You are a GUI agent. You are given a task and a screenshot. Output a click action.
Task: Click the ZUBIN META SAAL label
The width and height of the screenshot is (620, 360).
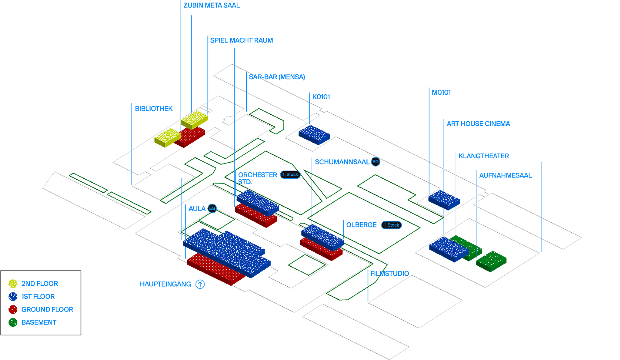tap(212, 5)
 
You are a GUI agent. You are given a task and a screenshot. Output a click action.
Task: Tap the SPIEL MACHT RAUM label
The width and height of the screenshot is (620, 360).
tap(242, 40)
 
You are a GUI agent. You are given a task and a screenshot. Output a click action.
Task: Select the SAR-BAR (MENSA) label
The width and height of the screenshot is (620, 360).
tap(277, 77)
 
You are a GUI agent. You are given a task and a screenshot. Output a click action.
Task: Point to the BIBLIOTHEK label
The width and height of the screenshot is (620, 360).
tap(154, 109)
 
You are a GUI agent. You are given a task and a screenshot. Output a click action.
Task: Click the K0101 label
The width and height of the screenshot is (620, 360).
tap(321, 97)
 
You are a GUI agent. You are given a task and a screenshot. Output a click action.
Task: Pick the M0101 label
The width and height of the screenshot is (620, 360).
tap(441, 92)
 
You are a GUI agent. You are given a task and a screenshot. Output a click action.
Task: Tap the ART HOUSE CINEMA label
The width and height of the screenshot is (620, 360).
tap(478, 124)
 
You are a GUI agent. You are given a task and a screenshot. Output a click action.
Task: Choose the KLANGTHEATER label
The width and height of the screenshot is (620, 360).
tap(483, 156)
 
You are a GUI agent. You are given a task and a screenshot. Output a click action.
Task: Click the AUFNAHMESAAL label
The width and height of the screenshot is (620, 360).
tap(505, 175)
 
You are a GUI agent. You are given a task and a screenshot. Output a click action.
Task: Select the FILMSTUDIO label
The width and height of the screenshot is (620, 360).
tap(389, 273)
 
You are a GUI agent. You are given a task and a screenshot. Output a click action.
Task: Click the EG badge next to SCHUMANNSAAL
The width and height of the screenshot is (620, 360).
tap(376, 162)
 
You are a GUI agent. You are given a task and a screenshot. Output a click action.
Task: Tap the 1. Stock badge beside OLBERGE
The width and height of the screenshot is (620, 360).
tap(391, 225)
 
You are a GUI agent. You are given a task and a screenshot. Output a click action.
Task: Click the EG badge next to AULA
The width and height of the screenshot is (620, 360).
tap(212, 208)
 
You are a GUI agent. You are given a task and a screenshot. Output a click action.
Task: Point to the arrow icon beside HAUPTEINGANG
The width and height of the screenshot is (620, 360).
tap(200, 284)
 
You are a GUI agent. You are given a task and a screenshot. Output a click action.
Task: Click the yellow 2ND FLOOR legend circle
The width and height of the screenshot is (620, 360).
tap(13, 283)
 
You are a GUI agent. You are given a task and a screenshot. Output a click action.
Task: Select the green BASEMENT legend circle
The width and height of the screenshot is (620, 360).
tap(13, 322)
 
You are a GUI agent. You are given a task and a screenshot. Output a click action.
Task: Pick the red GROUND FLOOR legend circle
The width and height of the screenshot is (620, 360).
tap(13, 309)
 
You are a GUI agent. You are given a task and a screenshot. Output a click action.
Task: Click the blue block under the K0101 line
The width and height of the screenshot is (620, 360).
tap(314, 134)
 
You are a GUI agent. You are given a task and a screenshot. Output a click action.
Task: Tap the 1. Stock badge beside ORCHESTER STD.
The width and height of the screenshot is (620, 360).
tap(290, 175)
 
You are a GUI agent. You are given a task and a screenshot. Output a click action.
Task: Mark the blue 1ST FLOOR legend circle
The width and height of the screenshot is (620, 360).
tap(13, 296)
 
